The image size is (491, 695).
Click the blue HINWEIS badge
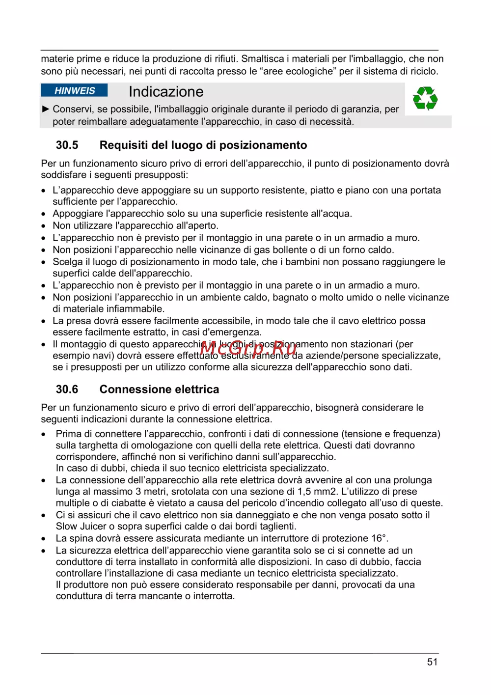click(74, 91)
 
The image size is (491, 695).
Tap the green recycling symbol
click(425, 99)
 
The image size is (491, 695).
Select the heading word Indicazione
click(166, 92)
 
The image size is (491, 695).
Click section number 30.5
click(67, 145)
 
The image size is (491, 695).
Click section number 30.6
click(67, 389)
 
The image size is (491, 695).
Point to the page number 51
click(432, 662)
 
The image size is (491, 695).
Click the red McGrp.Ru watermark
click(248, 348)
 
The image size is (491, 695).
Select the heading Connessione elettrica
click(159, 389)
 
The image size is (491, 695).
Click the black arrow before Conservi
click(46, 109)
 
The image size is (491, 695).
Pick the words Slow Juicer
click(81, 527)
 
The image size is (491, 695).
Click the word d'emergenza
click(232, 333)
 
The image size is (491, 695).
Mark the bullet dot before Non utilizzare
click(44, 226)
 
